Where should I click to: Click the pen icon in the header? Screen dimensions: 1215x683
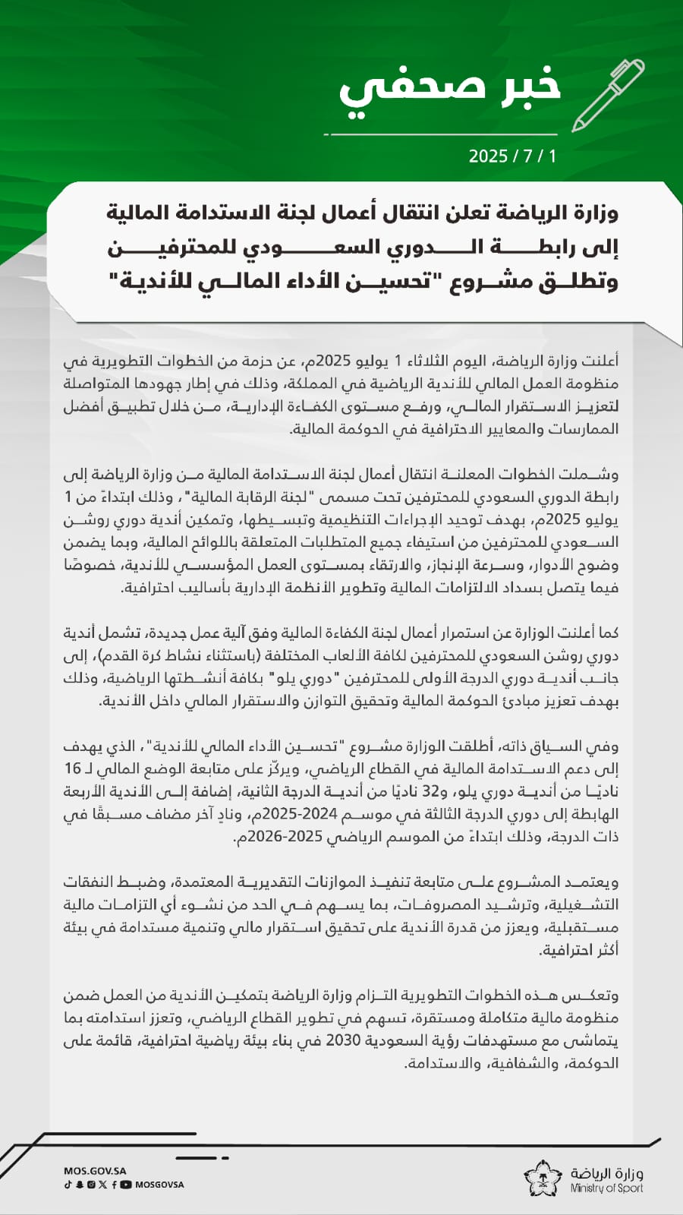(608, 95)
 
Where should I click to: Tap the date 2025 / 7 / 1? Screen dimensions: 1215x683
(512, 156)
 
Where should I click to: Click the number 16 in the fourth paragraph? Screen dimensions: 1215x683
(73, 768)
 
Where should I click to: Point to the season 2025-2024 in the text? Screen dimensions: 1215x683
(307, 814)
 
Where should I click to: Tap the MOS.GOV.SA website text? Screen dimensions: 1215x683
(95, 1171)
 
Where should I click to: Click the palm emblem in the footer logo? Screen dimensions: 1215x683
(543, 1179)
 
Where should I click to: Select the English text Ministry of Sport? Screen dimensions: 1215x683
(607, 1188)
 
